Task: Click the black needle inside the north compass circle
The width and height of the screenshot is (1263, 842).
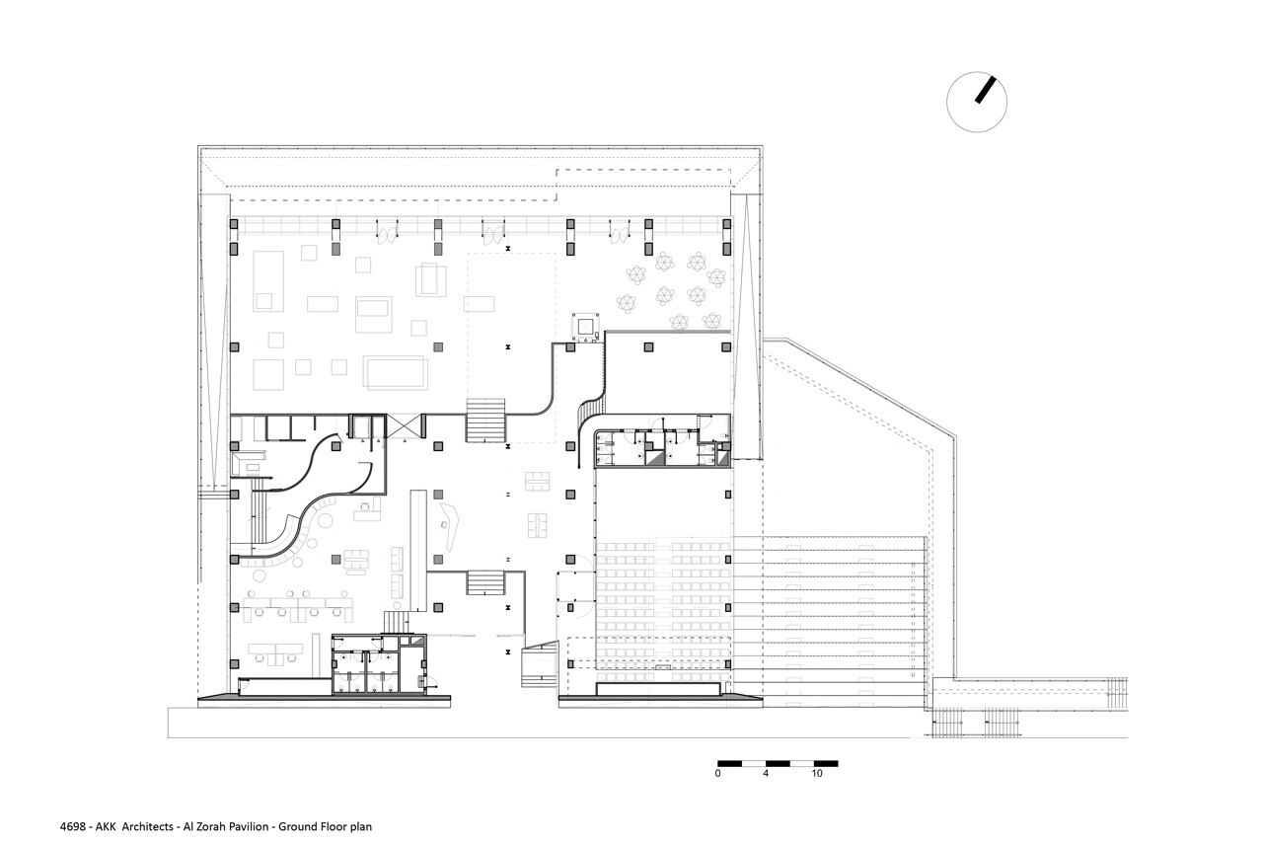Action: click(x=986, y=90)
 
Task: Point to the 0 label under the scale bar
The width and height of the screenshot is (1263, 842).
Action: click(x=717, y=774)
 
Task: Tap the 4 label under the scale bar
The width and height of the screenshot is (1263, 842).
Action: click(x=766, y=774)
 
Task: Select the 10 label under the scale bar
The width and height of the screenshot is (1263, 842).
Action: click(x=817, y=774)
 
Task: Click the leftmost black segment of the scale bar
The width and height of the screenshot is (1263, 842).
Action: click(x=729, y=764)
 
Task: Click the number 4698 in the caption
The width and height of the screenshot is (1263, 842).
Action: click(x=73, y=827)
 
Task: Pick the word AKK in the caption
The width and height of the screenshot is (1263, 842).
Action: click(x=106, y=827)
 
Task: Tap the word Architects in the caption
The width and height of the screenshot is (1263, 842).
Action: click(x=148, y=827)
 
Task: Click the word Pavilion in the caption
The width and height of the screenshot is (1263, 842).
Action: click(x=248, y=827)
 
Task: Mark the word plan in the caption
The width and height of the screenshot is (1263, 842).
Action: click(x=361, y=827)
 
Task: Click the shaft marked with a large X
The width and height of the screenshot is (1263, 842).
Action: click(x=406, y=425)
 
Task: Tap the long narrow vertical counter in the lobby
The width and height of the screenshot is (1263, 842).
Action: click(x=417, y=551)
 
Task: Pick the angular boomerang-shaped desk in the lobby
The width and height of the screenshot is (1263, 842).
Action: click(x=450, y=527)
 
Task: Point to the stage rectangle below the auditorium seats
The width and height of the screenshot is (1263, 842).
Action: click(x=659, y=689)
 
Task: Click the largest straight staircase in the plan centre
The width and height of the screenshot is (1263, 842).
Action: click(x=484, y=421)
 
